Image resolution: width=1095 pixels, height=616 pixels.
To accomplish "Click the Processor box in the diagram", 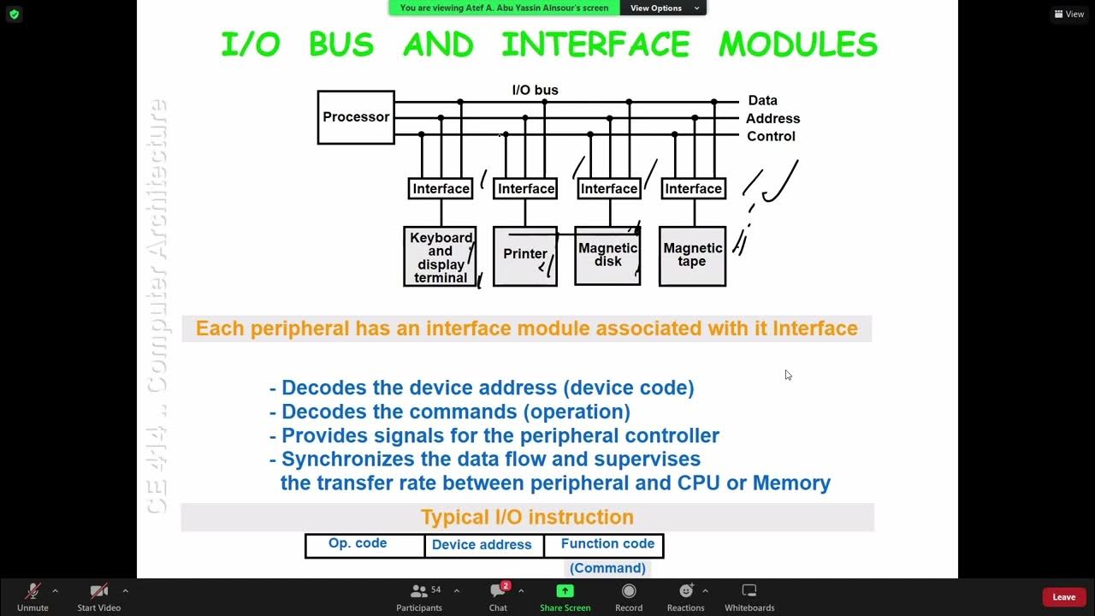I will point(356,117).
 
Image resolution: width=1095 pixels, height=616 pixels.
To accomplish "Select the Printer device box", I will point(525,255).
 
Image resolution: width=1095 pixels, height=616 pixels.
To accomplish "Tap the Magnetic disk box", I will point(607,255).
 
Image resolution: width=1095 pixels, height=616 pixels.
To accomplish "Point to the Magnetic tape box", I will point(692,255).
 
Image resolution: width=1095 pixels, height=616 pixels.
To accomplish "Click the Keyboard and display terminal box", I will point(441,257).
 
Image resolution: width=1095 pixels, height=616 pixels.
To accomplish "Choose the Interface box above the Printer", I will point(526,188).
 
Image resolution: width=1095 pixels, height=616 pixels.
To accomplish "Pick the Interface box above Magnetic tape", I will point(693,188).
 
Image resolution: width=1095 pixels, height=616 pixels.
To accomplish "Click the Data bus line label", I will point(762,101).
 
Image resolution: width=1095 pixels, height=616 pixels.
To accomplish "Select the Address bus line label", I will point(772,119).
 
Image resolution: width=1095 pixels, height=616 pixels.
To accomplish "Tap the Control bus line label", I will point(771,137).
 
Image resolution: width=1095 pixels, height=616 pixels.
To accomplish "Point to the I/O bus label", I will point(535,90).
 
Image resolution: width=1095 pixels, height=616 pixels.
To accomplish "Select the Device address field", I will point(482,545).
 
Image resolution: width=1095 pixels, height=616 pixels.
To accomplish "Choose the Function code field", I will point(607,544).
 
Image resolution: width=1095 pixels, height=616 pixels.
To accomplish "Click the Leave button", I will point(1063,597).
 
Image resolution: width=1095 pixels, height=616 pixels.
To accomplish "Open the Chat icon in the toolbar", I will point(498,595).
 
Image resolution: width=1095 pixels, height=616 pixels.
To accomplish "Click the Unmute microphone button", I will point(33,595).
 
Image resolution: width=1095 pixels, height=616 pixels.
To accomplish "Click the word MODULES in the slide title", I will point(797,44).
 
